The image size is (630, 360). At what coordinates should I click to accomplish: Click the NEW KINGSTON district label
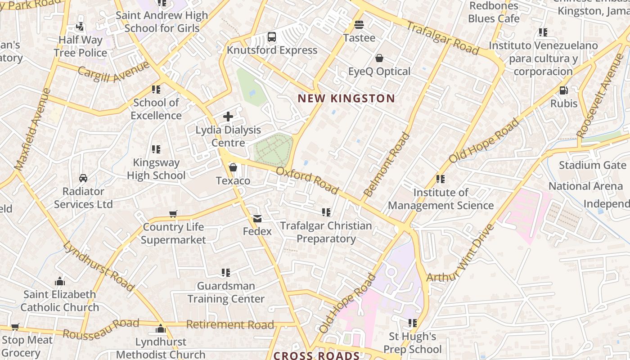click(346, 98)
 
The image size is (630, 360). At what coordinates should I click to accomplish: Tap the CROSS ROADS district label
click(316, 355)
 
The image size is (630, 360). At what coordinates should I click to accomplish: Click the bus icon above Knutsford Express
click(272, 37)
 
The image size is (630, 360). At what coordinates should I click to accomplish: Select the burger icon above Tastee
click(359, 24)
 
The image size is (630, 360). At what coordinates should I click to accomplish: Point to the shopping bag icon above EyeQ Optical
click(379, 58)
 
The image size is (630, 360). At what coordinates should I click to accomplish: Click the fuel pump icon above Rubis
click(563, 90)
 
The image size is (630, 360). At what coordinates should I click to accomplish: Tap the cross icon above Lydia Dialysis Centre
click(228, 117)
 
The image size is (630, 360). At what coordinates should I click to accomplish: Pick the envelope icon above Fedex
click(257, 218)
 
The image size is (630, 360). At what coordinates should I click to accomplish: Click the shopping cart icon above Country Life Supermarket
click(173, 214)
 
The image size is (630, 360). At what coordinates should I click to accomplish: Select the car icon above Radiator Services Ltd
click(83, 178)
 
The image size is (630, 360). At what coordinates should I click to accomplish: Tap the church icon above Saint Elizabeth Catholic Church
click(60, 282)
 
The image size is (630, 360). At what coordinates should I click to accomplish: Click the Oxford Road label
click(307, 180)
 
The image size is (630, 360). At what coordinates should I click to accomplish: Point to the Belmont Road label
click(387, 165)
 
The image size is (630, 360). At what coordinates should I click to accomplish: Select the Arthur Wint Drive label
click(460, 253)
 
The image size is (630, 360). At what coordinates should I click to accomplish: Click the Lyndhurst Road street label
click(98, 266)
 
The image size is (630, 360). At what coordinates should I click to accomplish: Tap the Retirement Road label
click(230, 324)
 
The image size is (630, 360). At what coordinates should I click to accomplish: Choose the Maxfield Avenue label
click(33, 129)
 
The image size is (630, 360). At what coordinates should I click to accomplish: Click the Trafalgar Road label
click(442, 38)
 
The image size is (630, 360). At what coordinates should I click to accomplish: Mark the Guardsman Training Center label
click(226, 292)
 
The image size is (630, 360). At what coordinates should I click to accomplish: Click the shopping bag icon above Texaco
click(233, 168)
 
